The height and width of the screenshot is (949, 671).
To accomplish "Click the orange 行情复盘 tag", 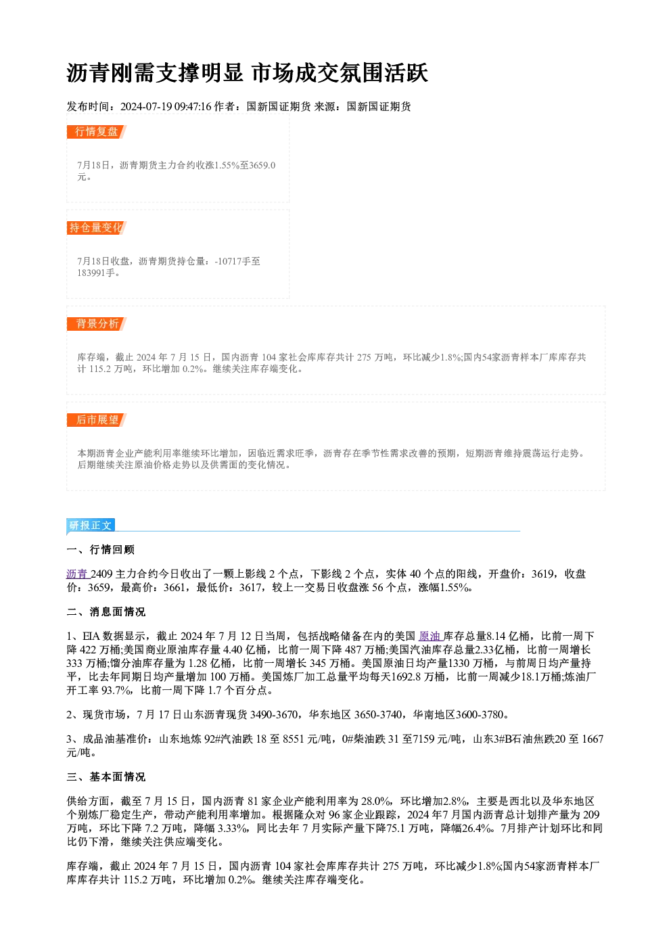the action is pos(97,132).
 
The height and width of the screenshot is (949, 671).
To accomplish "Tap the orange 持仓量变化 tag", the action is pos(97,228).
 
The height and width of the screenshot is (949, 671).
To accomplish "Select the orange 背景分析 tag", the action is pos(97,324).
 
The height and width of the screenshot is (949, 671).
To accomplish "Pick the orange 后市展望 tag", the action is pos(97,420).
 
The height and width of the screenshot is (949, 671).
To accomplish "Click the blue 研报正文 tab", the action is pos(91,526).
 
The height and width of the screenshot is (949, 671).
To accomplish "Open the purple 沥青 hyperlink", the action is pos(77,574).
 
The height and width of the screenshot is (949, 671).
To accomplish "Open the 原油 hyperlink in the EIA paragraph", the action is pos(430,636).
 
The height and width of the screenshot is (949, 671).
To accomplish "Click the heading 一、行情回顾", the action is pos(101,550).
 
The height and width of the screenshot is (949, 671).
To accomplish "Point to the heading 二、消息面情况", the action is pos(106,611).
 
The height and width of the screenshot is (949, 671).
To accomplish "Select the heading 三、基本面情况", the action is pos(106,777).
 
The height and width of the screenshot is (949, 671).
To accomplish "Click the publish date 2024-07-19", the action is pos(146,107).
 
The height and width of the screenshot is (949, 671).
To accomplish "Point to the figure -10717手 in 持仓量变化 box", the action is pos(233,261).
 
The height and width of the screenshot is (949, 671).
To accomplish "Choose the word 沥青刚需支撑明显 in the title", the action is pos(155,73).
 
